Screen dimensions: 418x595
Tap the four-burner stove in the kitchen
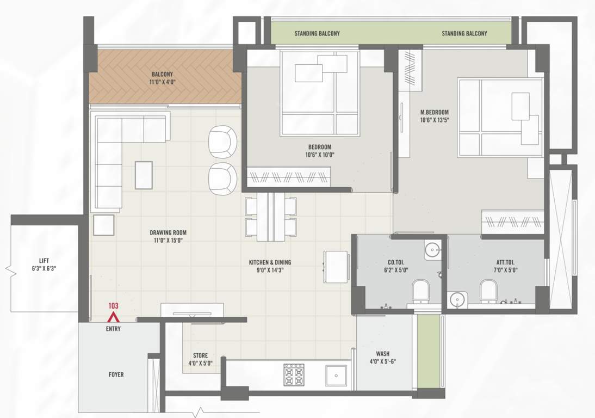[x=294, y=374]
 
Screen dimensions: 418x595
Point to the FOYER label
[x=116, y=374]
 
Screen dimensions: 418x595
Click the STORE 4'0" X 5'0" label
[x=200, y=359]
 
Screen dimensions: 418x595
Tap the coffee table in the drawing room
[x=144, y=175]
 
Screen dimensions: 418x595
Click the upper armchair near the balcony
[x=222, y=140]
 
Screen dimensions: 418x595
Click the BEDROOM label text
[x=319, y=147]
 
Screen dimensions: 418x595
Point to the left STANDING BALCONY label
[x=317, y=34]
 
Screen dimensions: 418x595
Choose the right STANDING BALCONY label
[x=464, y=34]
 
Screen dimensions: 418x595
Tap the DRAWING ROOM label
[x=168, y=232]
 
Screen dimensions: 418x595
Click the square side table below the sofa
[x=103, y=225]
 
